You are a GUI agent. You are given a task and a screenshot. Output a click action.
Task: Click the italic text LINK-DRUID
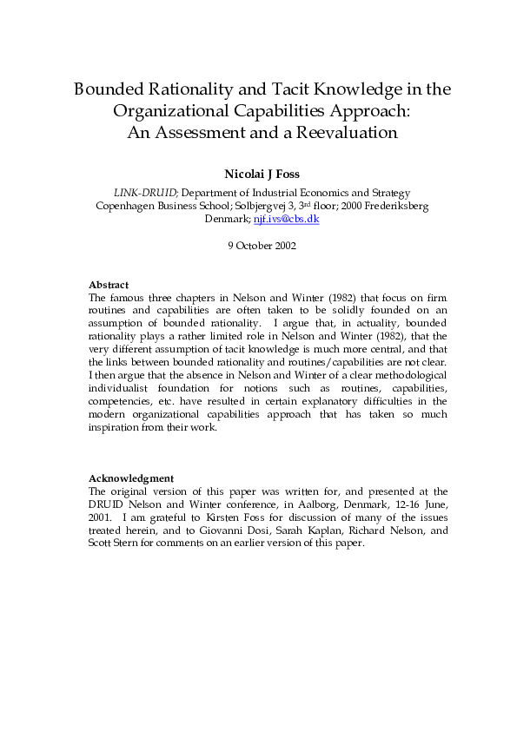pos(146,193)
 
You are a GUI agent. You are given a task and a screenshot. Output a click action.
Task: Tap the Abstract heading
pos(109,285)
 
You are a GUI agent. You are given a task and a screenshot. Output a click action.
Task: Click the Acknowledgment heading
pos(132,478)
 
